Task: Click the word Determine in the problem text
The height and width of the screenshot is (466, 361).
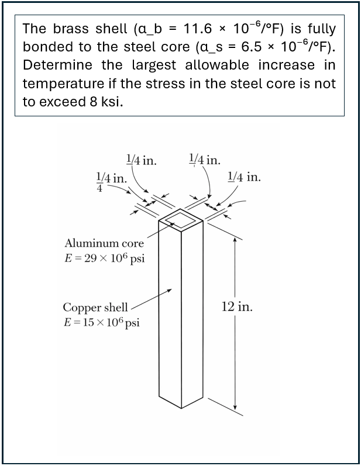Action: (57, 65)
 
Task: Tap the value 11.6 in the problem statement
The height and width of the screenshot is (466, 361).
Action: (197, 29)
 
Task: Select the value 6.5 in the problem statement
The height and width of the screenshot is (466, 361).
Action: (251, 47)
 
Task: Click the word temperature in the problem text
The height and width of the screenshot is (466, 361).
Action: (63, 84)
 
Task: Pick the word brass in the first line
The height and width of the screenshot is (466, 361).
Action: (71, 29)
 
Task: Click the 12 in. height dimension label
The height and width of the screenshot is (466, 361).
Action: (237, 306)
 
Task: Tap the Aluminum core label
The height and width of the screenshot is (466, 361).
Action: (104, 243)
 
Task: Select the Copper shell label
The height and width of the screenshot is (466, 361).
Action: (95, 308)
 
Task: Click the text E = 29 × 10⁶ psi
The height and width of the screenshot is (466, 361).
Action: (105, 258)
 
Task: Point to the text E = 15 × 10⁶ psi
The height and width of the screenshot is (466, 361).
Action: (102, 322)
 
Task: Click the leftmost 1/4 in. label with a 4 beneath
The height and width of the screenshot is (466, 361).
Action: (111, 181)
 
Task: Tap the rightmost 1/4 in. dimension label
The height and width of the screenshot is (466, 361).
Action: (244, 177)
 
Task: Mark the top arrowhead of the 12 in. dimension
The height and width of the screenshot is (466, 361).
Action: (235, 240)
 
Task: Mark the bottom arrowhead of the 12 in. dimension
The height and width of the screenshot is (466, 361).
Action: (235, 407)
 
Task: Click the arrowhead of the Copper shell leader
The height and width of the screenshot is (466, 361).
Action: (170, 290)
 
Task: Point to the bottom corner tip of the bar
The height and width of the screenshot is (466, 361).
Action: (181, 408)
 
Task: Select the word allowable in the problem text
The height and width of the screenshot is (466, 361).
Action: (217, 65)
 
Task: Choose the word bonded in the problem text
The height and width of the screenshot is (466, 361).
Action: (48, 47)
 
